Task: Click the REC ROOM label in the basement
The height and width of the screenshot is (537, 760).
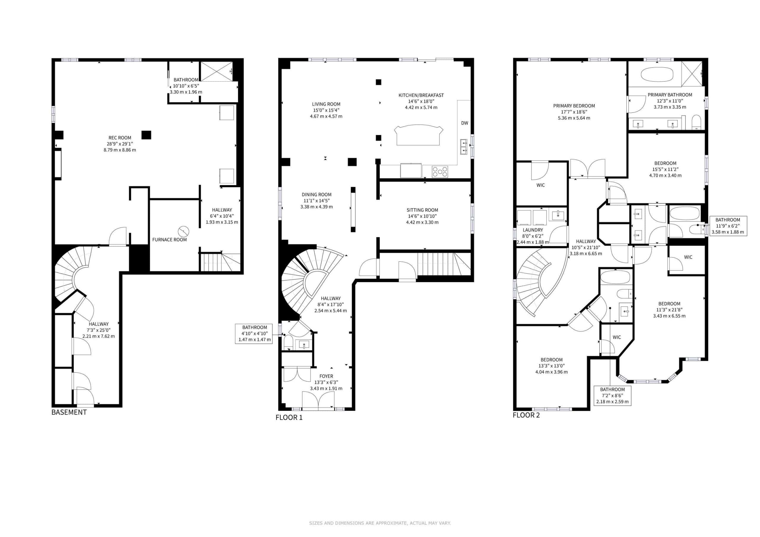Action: (120, 138)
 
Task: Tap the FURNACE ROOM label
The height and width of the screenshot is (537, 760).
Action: (170, 239)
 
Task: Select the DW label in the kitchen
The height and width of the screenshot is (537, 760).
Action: (465, 123)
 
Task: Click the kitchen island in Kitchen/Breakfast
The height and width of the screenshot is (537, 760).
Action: (418, 135)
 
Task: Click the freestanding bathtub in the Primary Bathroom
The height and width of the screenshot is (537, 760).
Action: (657, 74)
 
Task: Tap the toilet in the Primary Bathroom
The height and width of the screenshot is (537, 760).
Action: (696, 122)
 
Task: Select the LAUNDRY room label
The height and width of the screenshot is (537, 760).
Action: (533, 230)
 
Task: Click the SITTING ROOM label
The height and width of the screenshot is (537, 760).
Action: (422, 210)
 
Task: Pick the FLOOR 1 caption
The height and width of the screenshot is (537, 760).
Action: (289, 417)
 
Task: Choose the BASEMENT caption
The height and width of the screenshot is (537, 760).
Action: (69, 412)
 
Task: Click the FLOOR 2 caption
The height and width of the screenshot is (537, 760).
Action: (526, 415)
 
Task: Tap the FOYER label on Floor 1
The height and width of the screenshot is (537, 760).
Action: (326, 376)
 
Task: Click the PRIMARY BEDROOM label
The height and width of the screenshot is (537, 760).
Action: (574, 106)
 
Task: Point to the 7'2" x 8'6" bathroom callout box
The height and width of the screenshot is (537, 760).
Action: (612, 396)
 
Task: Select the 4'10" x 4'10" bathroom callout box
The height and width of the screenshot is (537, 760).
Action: (254, 333)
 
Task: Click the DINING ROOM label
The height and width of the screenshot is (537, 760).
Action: (316, 195)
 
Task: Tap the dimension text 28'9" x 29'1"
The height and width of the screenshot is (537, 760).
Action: (120, 144)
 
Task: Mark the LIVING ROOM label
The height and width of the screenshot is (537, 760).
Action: (326, 104)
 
